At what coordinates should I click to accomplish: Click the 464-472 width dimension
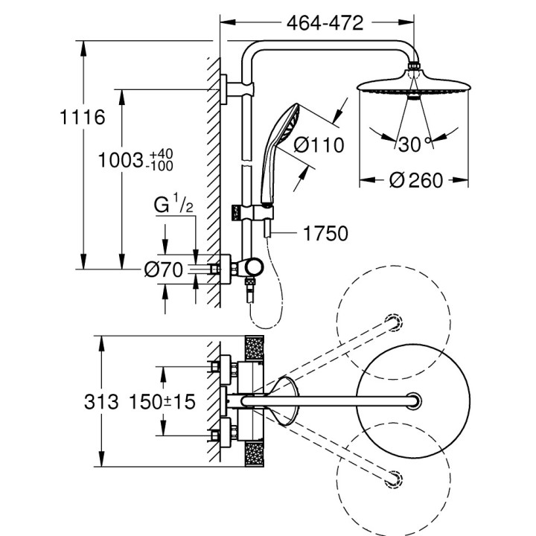(x=324, y=23)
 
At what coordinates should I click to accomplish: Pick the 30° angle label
(x=410, y=144)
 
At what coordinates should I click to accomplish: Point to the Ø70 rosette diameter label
(x=162, y=270)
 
